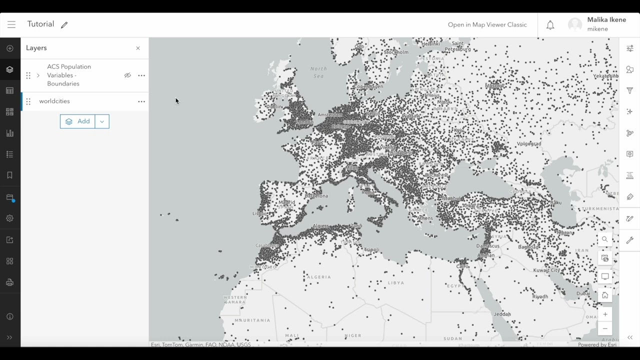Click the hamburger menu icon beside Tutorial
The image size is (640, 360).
point(11,24)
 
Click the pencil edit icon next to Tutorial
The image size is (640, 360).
point(64,25)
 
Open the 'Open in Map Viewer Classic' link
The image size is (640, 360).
point(487,24)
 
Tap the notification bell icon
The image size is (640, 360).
point(550,25)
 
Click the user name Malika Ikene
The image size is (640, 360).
point(606,20)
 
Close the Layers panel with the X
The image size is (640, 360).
point(138,48)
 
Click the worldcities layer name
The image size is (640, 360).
point(54,101)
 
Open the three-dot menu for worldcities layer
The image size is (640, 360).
point(141,101)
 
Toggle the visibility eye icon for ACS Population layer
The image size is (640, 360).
point(127,75)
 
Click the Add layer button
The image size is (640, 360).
point(77,121)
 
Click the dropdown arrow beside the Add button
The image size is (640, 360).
point(102,121)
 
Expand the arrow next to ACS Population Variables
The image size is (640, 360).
point(38,75)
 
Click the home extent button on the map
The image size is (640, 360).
point(605,295)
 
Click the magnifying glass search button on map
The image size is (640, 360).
point(605,239)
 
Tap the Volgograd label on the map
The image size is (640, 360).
point(529,144)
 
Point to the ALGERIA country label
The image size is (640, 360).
point(318,277)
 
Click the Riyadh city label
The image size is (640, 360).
point(540,296)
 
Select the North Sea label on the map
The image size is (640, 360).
point(318,72)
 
